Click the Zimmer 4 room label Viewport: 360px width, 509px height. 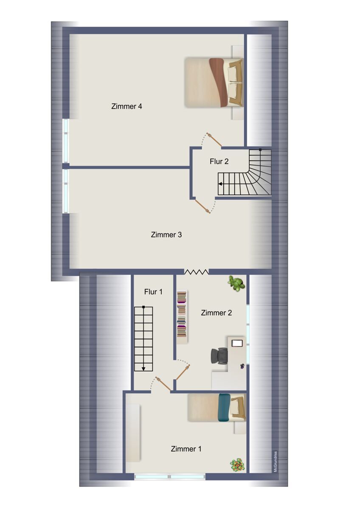[x=127, y=106]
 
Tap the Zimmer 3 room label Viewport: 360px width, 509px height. [x=166, y=235]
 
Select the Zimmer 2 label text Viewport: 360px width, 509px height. [x=216, y=313]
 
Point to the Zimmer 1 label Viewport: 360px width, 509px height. [x=186, y=449]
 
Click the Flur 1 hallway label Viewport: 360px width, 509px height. [x=153, y=292]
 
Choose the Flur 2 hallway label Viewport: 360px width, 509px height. [x=219, y=162]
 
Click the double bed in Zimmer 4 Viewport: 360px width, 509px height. [x=214, y=82]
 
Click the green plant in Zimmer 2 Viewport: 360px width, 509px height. [x=236, y=283]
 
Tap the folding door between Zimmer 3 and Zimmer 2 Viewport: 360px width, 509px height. [x=196, y=272]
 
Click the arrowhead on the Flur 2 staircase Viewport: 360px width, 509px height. [x=220, y=184]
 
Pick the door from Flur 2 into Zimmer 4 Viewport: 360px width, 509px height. [x=214, y=140]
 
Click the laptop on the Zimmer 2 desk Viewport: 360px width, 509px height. [x=237, y=343]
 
